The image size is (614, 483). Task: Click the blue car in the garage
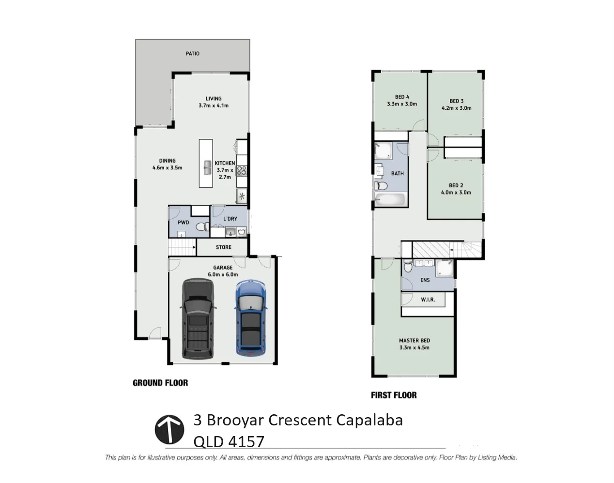250,319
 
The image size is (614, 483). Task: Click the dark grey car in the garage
198,318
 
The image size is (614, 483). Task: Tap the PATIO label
193,53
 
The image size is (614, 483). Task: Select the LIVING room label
214,98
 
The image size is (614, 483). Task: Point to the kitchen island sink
207,167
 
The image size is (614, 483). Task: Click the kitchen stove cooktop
242,170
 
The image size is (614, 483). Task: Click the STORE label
224,247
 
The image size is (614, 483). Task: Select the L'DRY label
230,219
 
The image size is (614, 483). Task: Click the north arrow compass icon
169,429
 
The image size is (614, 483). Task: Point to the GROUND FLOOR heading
160,383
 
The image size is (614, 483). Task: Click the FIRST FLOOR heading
394,395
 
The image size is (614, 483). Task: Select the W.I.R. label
428,300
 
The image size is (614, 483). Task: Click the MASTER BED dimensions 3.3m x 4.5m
414,347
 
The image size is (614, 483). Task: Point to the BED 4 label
402,97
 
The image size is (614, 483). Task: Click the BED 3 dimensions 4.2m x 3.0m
456,108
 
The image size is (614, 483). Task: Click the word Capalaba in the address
369,420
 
